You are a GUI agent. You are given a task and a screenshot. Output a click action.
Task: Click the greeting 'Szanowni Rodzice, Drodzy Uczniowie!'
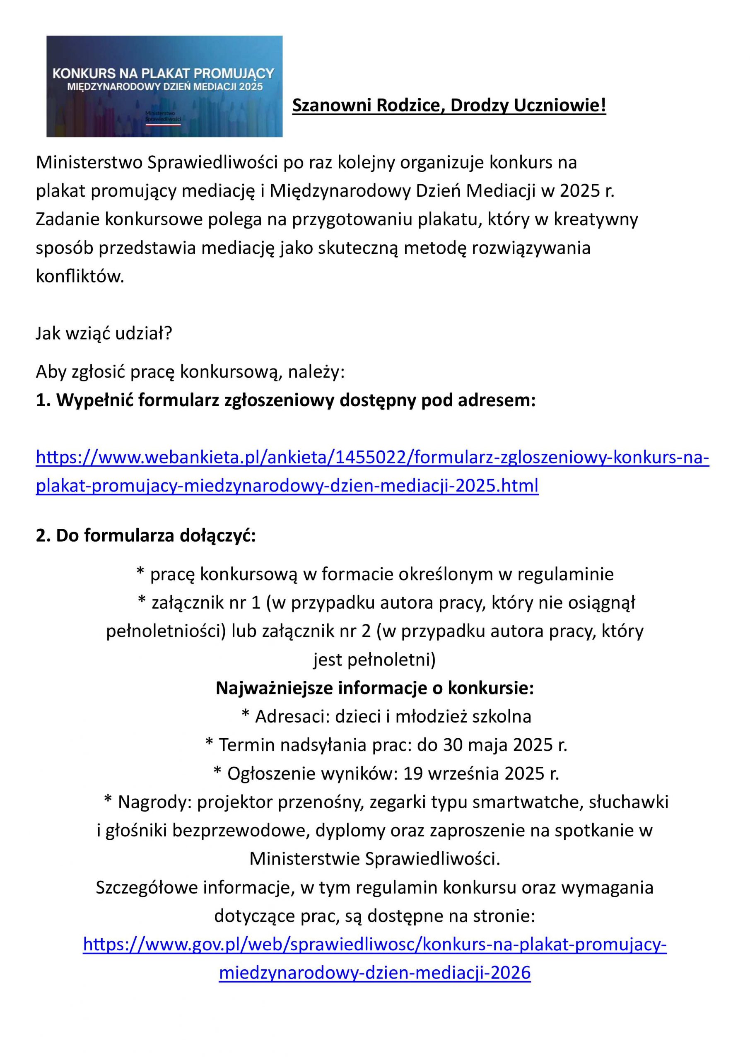click(x=449, y=106)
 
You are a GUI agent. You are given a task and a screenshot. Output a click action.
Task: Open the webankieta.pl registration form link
click(x=372, y=471)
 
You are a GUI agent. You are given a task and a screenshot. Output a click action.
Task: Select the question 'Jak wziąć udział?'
click(x=104, y=333)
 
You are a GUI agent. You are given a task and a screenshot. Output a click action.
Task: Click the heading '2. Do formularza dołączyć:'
click(x=145, y=535)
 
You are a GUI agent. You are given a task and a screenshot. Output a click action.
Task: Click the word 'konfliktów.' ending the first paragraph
click(x=80, y=277)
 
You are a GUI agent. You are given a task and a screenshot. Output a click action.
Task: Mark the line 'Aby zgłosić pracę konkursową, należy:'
click(x=190, y=372)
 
